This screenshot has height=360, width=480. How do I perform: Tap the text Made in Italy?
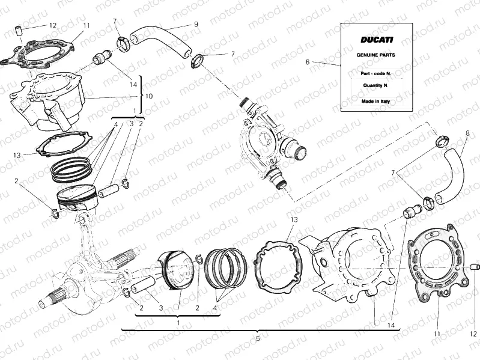coord(376,102)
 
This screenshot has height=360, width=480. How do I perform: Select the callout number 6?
coord(307,62)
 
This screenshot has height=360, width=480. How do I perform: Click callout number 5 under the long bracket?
coord(257,339)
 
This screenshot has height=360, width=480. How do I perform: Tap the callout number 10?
coord(149,96)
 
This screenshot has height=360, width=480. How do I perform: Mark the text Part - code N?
coord(376,72)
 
